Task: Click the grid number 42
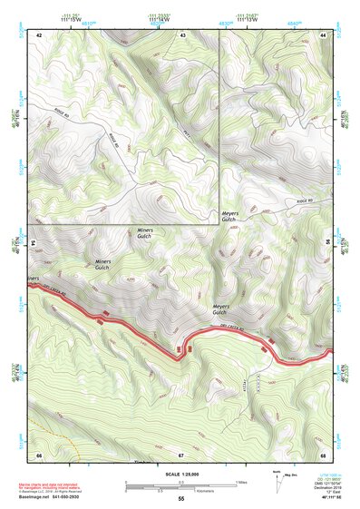click(40, 34)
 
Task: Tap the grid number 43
click(182, 34)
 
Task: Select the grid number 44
click(323, 34)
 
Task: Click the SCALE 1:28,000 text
click(180, 474)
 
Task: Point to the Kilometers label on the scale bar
click(178, 491)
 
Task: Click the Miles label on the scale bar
click(238, 481)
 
